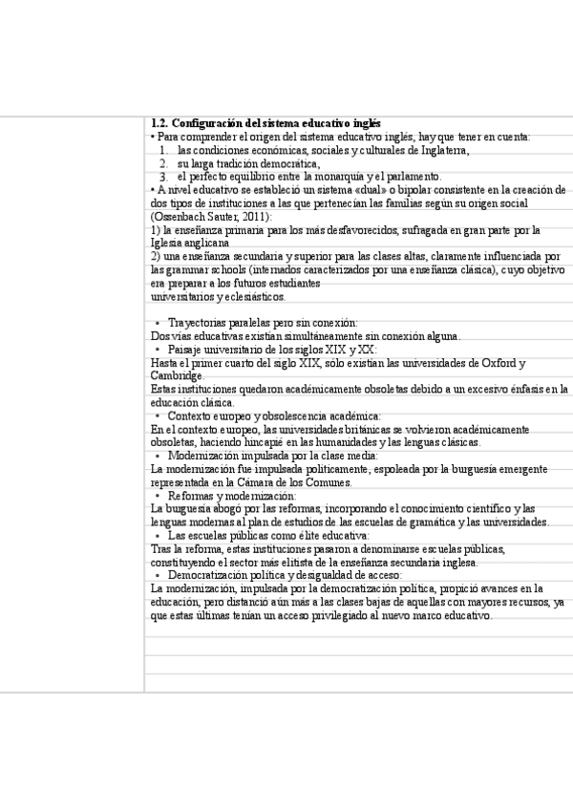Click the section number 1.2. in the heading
coord(160,123)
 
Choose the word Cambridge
coord(177,376)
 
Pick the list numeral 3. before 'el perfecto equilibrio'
coord(164,177)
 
